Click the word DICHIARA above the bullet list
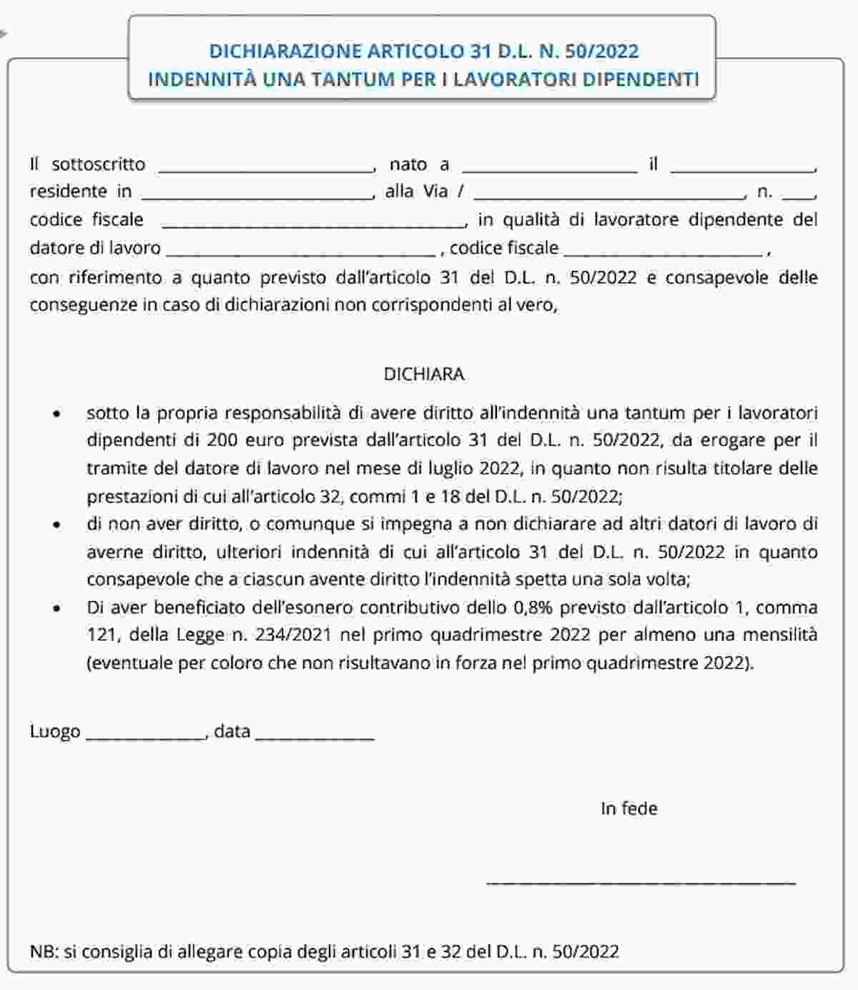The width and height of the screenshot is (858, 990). pos(424,374)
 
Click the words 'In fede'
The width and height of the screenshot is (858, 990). pos(628,808)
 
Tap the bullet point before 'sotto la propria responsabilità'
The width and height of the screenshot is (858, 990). pos(57,414)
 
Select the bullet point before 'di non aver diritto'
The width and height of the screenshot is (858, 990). pos(57,524)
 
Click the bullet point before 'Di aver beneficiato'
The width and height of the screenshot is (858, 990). pos(57,608)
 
